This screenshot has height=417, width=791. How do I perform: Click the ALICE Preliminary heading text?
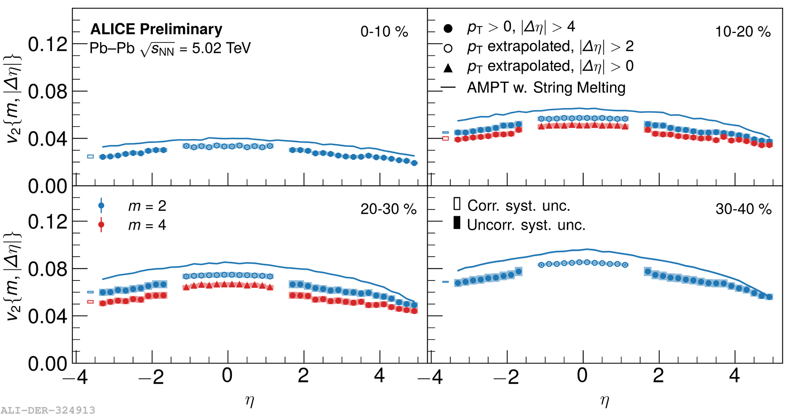[156, 29]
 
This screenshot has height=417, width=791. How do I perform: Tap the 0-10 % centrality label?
[384, 32]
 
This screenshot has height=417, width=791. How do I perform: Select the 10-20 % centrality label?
[742, 32]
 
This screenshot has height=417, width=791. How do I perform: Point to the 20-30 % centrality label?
[388, 209]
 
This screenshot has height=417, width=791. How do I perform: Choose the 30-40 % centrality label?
[743, 209]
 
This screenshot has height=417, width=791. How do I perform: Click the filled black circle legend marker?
[448, 28]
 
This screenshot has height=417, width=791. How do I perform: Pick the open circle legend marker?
[448, 48]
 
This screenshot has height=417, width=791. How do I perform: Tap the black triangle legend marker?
[448, 68]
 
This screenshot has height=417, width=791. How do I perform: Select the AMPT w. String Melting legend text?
[546, 87]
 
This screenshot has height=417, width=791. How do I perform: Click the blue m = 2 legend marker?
[101, 205]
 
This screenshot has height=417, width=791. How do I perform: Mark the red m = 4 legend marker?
[101, 225]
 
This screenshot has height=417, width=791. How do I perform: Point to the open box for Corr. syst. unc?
[456, 204]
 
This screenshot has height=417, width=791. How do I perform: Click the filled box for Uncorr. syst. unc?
[456, 223]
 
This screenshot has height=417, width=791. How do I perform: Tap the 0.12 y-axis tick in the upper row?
[47, 44]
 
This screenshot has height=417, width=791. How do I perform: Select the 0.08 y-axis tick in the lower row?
[47, 269]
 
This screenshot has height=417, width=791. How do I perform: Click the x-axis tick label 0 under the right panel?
[582, 375]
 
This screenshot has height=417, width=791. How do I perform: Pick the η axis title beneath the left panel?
[250, 400]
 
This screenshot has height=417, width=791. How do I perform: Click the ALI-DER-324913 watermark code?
[48, 410]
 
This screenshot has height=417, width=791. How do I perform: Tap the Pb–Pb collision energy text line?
[170, 49]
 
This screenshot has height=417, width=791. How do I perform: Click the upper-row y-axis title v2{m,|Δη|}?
[13, 99]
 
